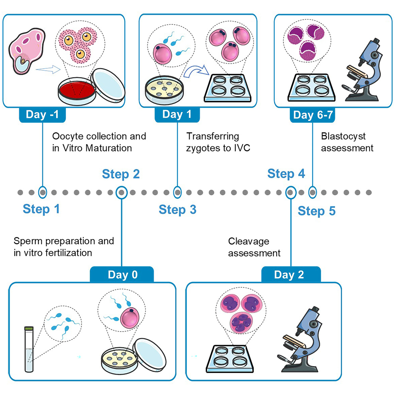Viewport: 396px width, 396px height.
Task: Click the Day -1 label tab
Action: pyautogui.click(x=42, y=115)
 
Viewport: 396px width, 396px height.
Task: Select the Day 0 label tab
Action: pyautogui.click(x=122, y=275)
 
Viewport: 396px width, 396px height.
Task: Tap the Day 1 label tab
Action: pyautogui.click(x=177, y=115)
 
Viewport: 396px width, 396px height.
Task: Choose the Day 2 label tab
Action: pyautogui.click(x=291, y=275)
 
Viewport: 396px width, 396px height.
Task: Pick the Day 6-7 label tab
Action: pyautogui.click(x=313, y=115)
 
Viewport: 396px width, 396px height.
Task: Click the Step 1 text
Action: pyautogui.click(x=41, y=209)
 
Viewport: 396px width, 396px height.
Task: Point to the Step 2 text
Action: pyautogui.click(x=121, y=174)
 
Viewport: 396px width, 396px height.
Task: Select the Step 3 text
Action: pyautogui.click(x=177, y=210)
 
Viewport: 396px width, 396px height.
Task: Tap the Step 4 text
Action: pyautogui.click(x=286, y=174)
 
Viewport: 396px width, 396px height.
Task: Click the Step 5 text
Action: pyautogui.click(x=316, y=211)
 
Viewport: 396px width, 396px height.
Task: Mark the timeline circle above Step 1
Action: pyautogui.click(x=43, y=192)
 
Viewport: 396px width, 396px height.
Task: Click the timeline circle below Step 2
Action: pyautogui.click(x=121, y=192)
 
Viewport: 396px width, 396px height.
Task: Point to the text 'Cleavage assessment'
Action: pyautogui.click(x=254, y=247)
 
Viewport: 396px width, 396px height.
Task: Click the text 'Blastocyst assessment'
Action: pyautogui.click(x=347, y=142)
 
